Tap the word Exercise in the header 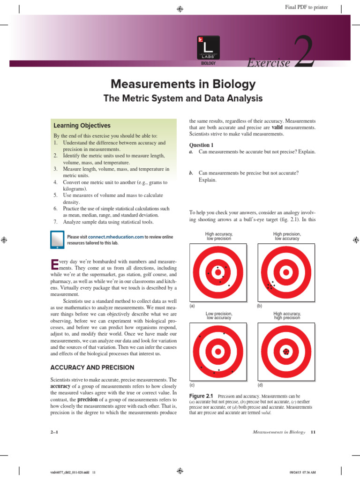pos(269,63)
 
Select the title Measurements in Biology pos(183,84)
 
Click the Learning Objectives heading pos(82,126)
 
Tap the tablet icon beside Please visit pos(57,240)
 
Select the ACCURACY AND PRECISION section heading pos(92,367)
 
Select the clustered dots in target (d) pos(285,351)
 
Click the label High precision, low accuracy pos(287,236)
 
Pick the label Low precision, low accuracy pos(219,315)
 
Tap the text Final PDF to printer pos(307,7)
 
